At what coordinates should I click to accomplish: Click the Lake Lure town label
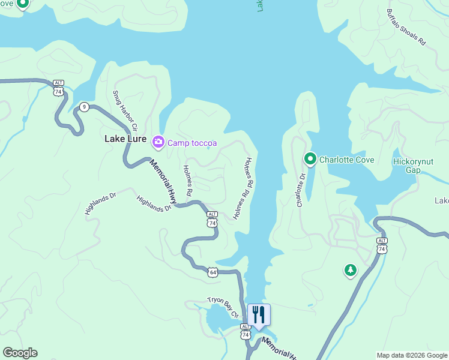[x=125, y=139]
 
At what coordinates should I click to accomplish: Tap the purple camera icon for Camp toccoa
[x=158, y=142]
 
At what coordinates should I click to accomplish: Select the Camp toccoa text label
[x=192, y=143]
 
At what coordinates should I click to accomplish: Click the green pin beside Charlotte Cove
[x=310, y=159]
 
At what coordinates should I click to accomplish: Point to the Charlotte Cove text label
[x=346, y=160]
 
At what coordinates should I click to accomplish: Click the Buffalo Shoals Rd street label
[x=406, y=28]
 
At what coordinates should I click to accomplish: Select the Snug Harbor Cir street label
[x=125, y=112]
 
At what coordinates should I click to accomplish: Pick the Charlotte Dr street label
[x=301, y=190]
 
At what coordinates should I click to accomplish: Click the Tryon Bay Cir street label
[x=223, y=306]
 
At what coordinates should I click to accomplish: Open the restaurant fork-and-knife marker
[x=259, y=314]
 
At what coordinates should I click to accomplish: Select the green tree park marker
[x=350, y=271]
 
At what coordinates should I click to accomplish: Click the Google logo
[x=20, y=353]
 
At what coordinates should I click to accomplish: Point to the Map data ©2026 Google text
[x=412, y=355]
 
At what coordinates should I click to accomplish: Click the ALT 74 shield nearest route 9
[x=58, y=88]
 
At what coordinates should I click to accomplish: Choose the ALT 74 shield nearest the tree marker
[x=382, y=245]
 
